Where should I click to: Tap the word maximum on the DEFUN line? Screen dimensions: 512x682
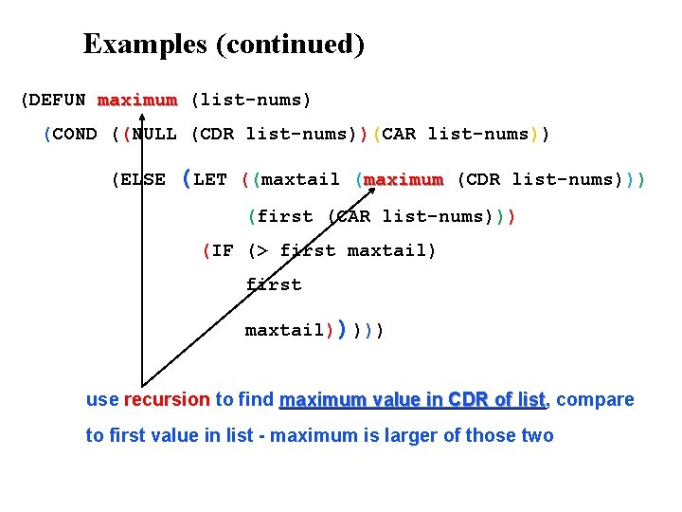[x=136, y=100]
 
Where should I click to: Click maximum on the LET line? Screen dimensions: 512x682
[x=404, y=179]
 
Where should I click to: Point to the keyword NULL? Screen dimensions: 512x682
[x=154, y=134]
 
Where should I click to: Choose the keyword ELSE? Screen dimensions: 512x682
[x=143, y=179]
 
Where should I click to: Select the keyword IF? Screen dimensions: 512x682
[x=223, y=251]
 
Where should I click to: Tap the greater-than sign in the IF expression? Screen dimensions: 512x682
[x=259, y=251]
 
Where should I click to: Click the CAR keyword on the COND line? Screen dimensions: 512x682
[x=399, y=134]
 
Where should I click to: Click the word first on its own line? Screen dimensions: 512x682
[x=274, y=284]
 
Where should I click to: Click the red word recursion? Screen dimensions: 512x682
[x=166, y=399]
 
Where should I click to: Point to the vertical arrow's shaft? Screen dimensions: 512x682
[x=141, y=284]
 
